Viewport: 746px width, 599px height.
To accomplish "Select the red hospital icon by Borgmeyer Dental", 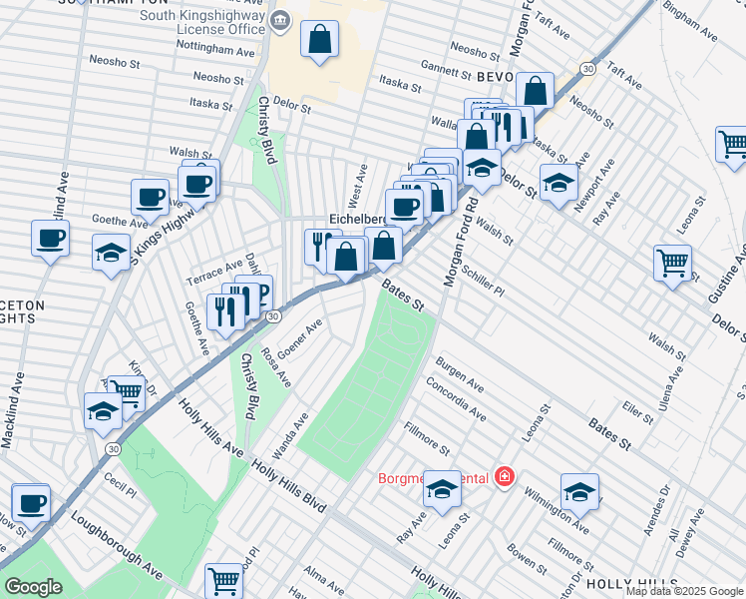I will coord(505,478).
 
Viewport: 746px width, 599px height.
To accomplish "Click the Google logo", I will coord(34,587).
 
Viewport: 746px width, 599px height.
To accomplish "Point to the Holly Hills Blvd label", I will coord(288,487).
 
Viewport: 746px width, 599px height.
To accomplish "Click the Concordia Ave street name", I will coord(455,399).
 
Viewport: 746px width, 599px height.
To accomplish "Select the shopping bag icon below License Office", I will coord(319,42).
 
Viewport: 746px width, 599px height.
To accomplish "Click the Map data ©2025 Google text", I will coord(684,591).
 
